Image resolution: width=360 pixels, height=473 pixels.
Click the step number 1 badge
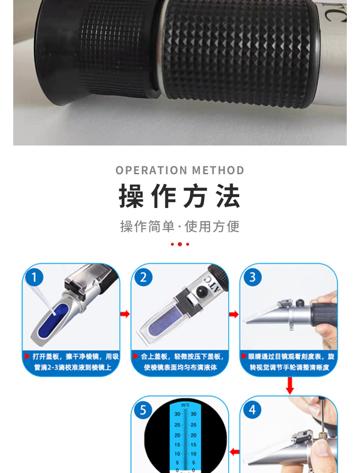click(x=35, y=277)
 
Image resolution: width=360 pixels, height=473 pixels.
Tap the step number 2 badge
click(x=143, y=277)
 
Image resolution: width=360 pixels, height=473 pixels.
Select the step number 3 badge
click(x=252, y=277)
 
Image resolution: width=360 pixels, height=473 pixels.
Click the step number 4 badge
click(x=252, y=410)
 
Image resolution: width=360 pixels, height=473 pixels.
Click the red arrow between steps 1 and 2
click(x=125, y=314)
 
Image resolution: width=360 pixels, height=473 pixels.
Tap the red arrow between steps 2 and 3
click(x=234, y=314)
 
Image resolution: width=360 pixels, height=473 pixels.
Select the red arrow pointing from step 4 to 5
click(x=234, y=452)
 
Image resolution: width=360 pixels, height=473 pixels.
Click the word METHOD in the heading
click(x=218, y=171)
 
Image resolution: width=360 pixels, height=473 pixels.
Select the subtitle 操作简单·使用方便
click(x=180, y=226)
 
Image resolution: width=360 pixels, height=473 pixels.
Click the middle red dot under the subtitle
click(x=180, y=244)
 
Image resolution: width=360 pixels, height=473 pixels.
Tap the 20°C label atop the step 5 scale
click(x=185, y=405)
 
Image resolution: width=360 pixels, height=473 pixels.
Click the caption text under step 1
click(x=71, y=362)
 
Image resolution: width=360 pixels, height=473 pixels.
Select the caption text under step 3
click(x=289, y=362)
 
